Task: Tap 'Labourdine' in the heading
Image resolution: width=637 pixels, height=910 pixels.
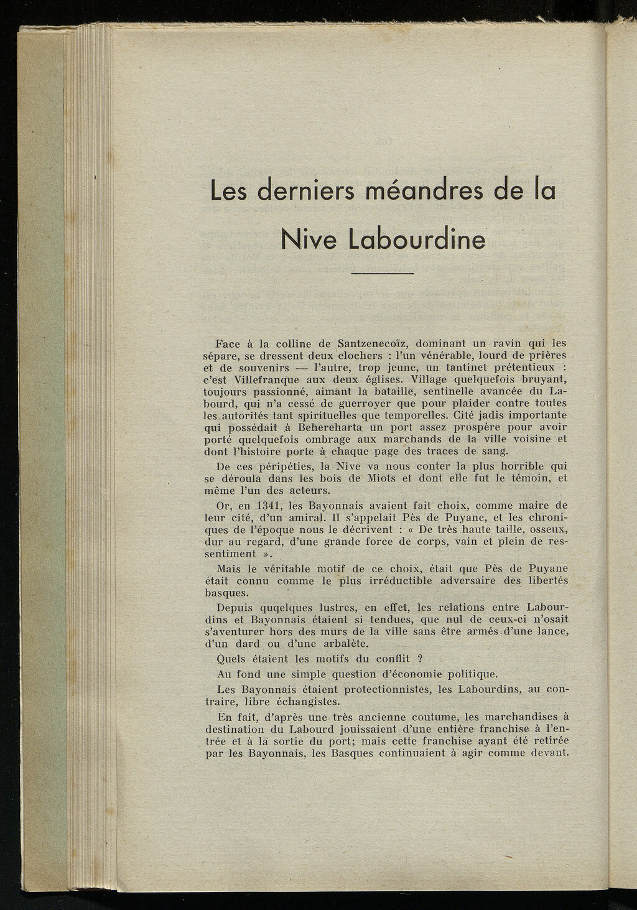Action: click(x=417, y=239)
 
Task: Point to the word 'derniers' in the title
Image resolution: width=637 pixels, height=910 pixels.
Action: click(x=305, y=190)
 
